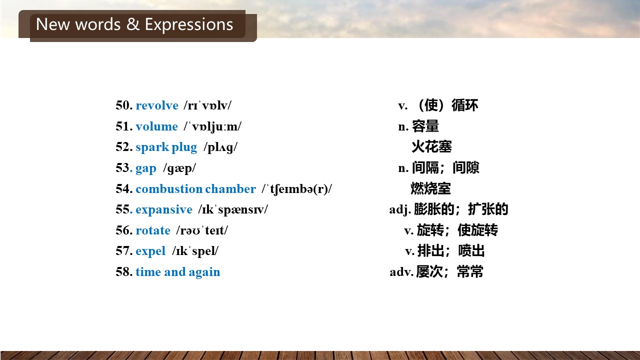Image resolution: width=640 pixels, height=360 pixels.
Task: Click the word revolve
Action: [157, 105]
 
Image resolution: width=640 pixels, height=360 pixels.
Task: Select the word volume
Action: [156, 126]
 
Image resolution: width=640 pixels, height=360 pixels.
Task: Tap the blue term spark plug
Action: [166, 147]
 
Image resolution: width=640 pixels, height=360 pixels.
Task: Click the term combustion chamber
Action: [195, 189]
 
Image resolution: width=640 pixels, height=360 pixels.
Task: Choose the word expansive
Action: [164, 210]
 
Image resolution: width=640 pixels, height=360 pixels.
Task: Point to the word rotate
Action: [153, 230]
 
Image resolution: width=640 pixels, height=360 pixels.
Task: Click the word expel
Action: [150, 251]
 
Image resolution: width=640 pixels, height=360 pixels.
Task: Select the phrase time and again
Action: [177, 272]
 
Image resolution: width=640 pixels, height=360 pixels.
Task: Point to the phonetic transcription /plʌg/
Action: [220, 147]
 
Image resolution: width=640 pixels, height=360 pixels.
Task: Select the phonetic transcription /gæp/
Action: [179, 168]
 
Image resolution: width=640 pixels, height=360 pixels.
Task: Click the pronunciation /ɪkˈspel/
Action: [195, 251]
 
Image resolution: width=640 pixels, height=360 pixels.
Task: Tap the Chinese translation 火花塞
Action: [431, 147]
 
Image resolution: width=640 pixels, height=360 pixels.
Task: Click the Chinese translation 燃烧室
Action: [431, 188]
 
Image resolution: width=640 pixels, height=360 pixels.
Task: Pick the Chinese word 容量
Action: [425, 126]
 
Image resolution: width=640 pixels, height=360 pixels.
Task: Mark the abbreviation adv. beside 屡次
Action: [401, 271]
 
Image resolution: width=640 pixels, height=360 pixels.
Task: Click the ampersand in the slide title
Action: [133, 24]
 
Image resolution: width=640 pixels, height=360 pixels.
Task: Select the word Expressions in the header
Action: [189, 25]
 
